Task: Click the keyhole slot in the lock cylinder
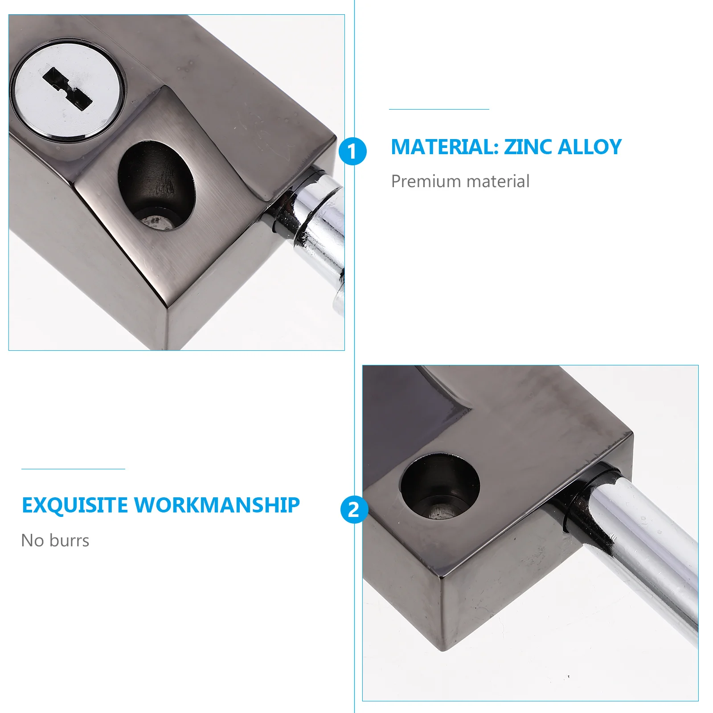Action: [x=67, y=89]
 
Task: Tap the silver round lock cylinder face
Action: [x=67, y=114]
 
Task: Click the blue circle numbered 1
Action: [x=352, y=151]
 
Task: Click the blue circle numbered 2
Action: [x=354, y=509]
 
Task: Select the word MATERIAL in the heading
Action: [x=444, y=147]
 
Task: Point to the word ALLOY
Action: [x=590, y=147]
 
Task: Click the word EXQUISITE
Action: [x=75, y=505]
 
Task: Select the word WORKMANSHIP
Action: [x=217, y=505]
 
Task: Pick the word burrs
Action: [x=70, y=541]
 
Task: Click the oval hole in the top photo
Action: [x=156, y=185]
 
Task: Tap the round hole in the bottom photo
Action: [x=439, y=486]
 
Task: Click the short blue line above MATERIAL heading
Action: [x=439, y=109]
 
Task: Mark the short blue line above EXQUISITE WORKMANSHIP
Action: [x=73, y=469]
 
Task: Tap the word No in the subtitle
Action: [x=33, y=541]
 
